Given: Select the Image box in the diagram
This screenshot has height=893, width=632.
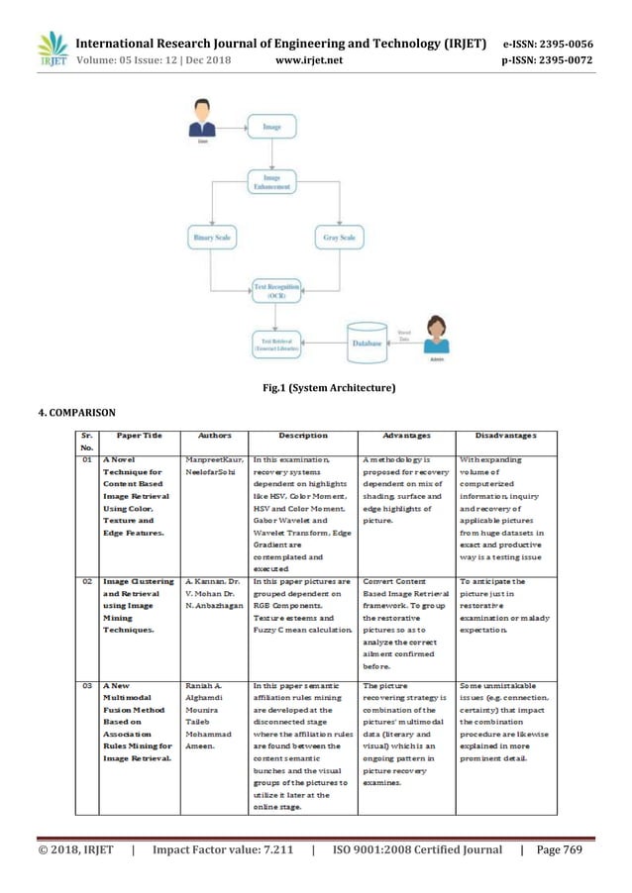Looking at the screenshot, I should [x=270, y=128].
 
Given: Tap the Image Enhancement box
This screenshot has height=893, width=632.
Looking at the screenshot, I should [x=270, y=182].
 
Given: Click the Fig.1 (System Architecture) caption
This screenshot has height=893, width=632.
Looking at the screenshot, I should [x=315, y=385].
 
